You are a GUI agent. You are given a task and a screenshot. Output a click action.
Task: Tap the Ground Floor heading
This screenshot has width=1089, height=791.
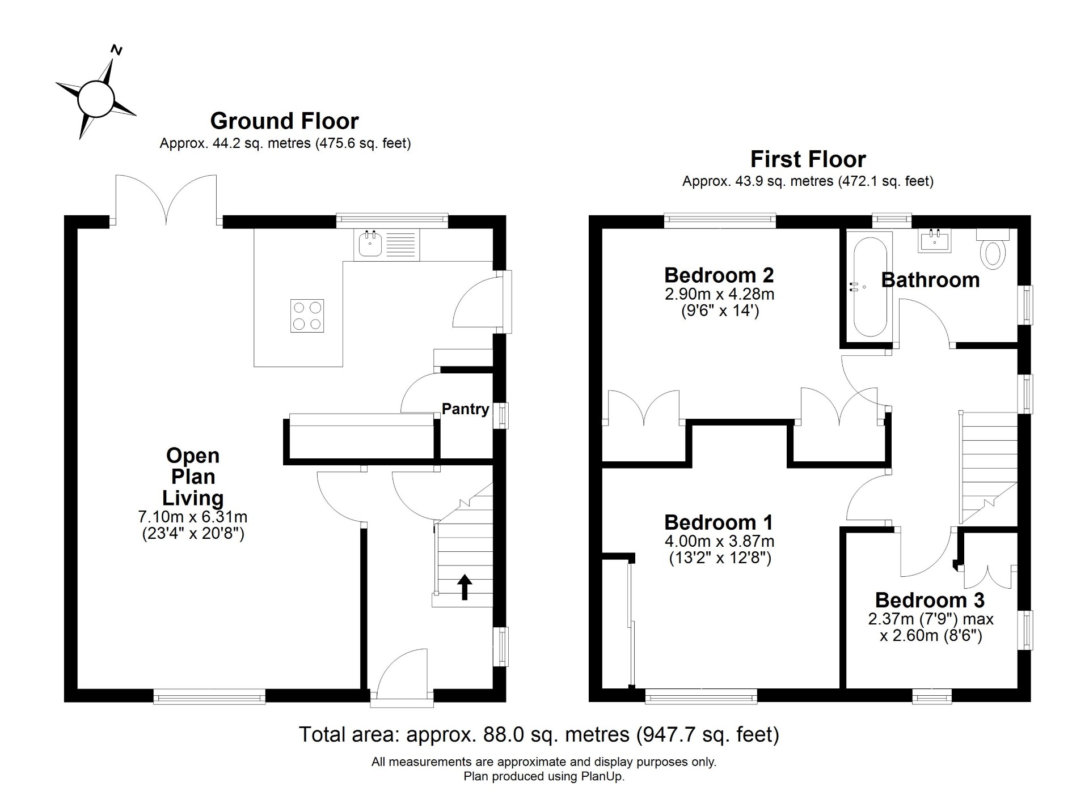point(284,121)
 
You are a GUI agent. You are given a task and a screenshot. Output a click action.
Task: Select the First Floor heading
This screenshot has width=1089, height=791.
point(808,159)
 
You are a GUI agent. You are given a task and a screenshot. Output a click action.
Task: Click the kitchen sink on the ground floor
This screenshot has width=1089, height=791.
point(386,245)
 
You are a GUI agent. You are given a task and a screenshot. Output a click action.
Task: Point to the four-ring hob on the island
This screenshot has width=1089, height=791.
point(307,316)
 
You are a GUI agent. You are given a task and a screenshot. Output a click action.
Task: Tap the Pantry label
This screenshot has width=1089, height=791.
point(465,409)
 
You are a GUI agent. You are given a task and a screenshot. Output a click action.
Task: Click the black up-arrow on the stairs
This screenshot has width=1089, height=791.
point(465,587)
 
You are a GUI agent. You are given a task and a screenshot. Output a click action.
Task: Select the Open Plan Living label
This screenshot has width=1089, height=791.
point(193,477)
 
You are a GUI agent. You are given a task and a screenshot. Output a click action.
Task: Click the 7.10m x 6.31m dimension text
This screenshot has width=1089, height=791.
point(193,517)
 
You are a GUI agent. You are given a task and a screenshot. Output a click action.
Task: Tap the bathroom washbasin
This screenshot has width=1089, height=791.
point(934,240)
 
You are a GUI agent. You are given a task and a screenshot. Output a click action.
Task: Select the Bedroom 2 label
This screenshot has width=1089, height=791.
point(719,275)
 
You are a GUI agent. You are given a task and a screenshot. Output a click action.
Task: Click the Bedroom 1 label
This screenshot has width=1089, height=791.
point(719,522)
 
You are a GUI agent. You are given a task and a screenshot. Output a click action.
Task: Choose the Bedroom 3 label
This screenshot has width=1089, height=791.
point(930,600)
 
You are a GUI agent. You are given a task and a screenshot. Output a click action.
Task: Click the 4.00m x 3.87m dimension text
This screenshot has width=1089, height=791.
point(719,541)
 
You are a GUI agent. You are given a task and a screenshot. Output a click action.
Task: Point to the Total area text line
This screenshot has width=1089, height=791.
point(539,734)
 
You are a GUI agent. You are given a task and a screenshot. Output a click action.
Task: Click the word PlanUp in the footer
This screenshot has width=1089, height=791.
point(602,777)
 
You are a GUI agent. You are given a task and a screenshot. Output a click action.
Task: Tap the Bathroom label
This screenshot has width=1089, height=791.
point(930,280)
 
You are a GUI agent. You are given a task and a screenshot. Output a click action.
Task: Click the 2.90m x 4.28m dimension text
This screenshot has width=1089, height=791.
point(719,294)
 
